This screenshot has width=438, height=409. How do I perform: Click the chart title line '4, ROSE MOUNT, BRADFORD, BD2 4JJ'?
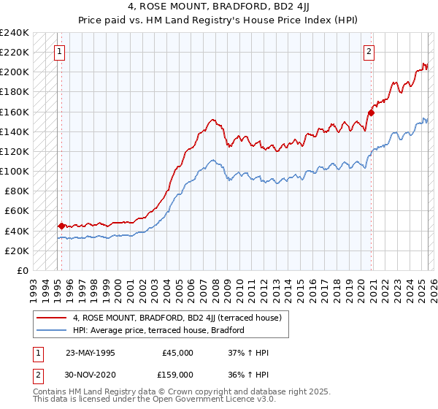[x=218, y=7]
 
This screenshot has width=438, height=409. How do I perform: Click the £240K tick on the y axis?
[x=15, y=33]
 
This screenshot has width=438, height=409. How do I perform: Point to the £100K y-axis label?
[x=15, y=171]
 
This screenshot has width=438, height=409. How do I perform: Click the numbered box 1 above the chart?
[x=58, y=52]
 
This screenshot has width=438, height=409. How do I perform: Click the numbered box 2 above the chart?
[x=369, y=52]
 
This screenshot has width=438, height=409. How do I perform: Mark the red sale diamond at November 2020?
[x=371, y=112]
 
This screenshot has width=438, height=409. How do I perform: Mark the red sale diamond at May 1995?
[x=61, y=226]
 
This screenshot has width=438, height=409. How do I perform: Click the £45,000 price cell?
[x=177, y=352]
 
